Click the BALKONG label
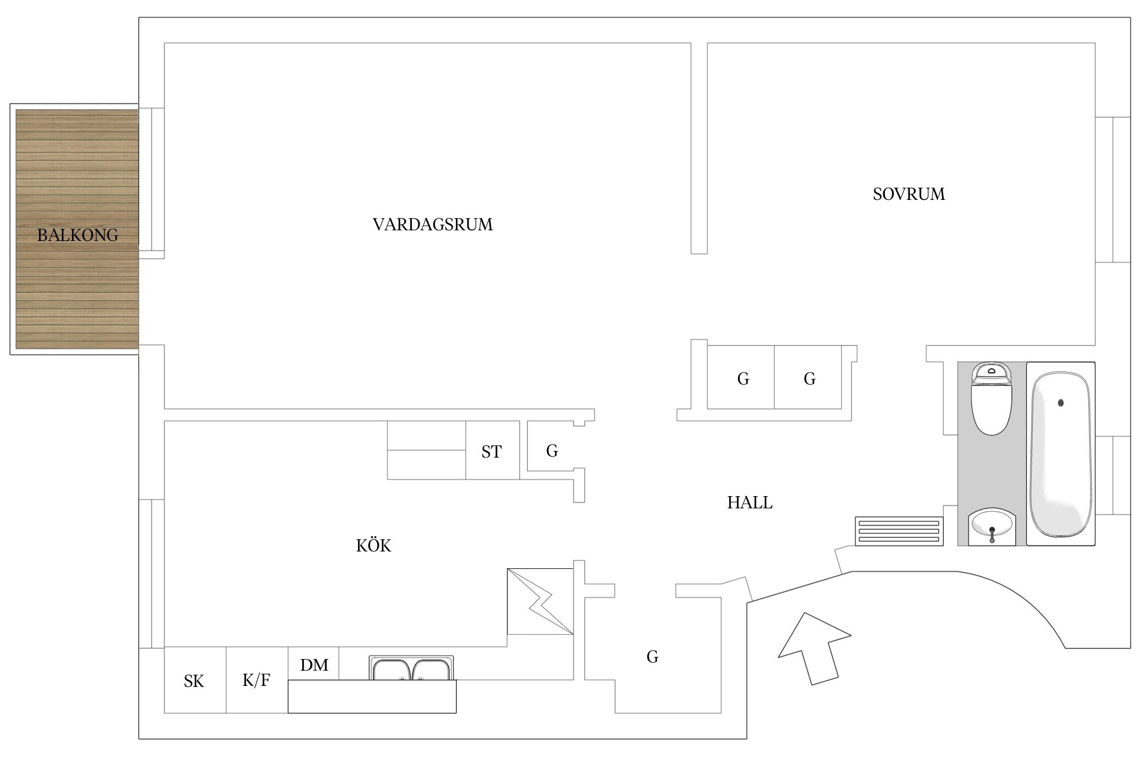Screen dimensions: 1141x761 (78, 235)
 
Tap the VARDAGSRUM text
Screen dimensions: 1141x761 (433, 224)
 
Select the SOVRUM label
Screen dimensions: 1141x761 (909, 194)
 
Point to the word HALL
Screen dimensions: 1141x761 (750, 502)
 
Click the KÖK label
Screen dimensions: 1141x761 (374, 545)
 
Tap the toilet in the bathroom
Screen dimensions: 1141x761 (991, 399)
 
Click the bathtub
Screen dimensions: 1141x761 (1060, 454)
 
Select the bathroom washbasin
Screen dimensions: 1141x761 (992, 527)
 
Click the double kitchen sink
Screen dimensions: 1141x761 (411, 668)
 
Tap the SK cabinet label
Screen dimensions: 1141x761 (194, 681)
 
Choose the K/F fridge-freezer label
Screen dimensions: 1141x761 (256, 680)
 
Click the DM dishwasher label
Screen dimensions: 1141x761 (314, 665)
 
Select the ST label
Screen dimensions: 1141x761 (491, 452)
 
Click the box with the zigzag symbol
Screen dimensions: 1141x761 (540, 601)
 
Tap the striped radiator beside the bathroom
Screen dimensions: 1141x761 (899, 531)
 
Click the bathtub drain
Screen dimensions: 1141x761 (1060, 403)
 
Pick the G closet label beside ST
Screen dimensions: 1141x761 (552, 451)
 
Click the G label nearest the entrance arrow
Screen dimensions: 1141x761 (652, 656)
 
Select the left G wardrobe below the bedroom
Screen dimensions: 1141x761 (743, 378)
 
